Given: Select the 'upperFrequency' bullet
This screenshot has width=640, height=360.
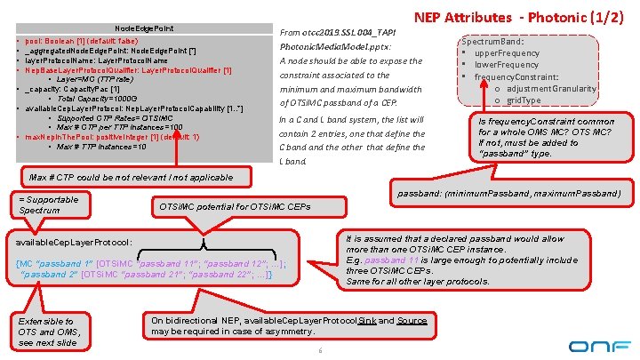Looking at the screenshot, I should [507, 53].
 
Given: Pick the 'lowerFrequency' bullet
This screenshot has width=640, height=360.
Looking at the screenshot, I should [506, 65].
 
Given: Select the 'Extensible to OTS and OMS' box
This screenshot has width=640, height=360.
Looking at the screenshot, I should [47, 332].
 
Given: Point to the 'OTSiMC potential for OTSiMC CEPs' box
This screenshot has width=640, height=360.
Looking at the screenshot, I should [235, 207].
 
